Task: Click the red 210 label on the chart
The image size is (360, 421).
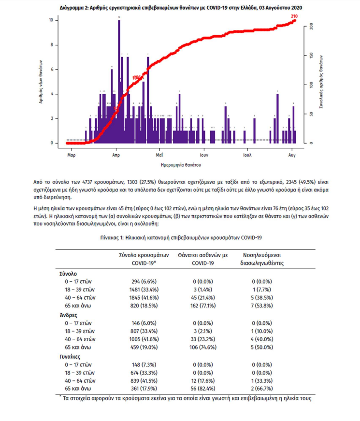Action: tap(294, 16)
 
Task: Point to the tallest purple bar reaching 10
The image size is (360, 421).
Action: tap(119, 82)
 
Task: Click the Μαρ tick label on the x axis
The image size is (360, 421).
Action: tap(71, 155)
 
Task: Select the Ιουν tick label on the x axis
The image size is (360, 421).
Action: tap(203, 155)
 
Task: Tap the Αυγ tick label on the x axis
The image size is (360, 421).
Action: tap(292, 155)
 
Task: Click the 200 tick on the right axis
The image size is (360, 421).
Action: tap(312, 26)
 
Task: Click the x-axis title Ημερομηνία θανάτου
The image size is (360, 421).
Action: tap(180, 165)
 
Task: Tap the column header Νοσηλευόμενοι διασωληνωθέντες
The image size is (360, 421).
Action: tap(261, 259)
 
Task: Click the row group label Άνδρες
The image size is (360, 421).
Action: tap(66, 315)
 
